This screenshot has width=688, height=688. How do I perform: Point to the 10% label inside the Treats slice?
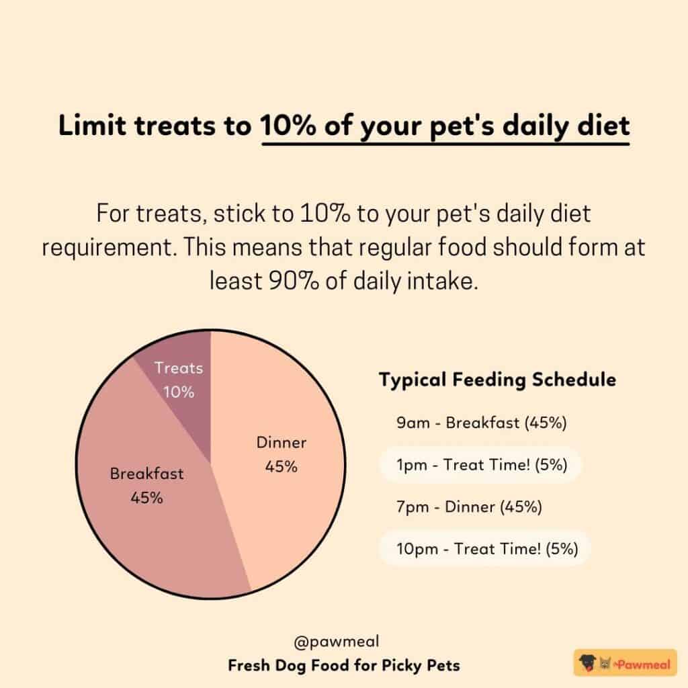point(179,392)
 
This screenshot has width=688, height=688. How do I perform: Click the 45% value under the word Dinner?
point(282,466)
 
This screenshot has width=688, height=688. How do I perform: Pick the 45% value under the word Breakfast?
point(146,498)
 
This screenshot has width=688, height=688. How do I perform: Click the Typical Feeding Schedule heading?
point(497,380)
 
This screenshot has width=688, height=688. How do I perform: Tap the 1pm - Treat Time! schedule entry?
point(479,466)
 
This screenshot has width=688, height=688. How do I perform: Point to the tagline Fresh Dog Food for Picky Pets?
point(344,666)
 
